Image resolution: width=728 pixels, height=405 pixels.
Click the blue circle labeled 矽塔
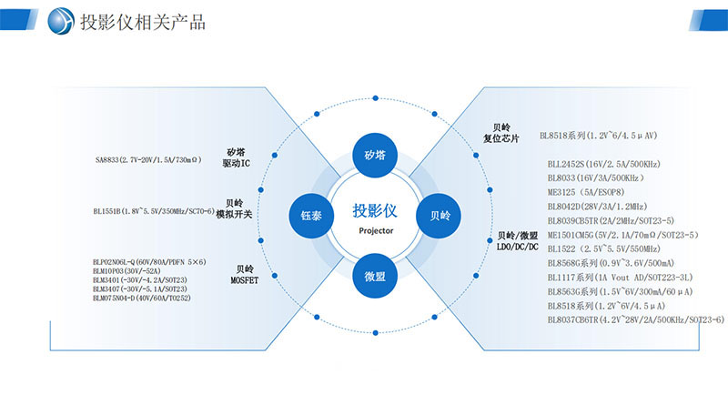(x=374, y=155)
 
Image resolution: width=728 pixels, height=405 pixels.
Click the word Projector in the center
(x=374, y=231)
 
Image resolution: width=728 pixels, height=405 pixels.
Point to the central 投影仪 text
(x=374, y=211)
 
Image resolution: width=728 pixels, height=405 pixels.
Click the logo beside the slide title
(x=62, y=20)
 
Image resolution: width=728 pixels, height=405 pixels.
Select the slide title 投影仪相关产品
(x=144, y=22)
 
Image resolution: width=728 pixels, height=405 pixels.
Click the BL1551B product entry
(x=154, y=211)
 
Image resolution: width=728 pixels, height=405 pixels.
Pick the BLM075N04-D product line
(x=142, y=299)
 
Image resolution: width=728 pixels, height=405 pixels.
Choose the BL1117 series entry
(x=620, y=277)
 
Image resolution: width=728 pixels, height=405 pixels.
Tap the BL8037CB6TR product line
(x=635, y=319)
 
